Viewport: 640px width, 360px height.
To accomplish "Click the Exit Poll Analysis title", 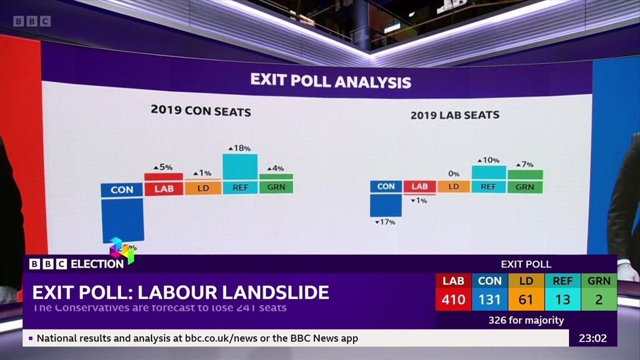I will click(x=331, y=81).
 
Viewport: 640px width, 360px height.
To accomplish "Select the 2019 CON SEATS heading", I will click(x=201, y=112).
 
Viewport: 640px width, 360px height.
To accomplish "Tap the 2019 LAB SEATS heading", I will click(x=455, y=115).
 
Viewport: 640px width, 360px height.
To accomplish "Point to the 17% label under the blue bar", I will click(x=385, y=222).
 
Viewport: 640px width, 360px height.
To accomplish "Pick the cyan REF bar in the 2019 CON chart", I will click(x=240, y=174).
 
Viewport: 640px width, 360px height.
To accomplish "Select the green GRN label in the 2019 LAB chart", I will click(x=525, y=187).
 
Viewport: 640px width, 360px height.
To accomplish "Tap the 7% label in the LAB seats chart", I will click(x=525, y=165).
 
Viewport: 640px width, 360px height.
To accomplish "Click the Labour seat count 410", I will click(x=453, y=300).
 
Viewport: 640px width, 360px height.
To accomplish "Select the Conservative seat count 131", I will click(x=490, y=300).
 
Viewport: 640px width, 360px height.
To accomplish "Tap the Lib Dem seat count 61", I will click(x=526, y=300).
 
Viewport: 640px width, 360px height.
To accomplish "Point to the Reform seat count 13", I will click(x=563, y=300).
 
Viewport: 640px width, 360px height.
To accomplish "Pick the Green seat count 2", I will click(x=599, y=300).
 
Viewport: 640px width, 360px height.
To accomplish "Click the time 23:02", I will click(x=593, y=338).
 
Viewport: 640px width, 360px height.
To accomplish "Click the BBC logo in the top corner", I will click(x=32, y=21).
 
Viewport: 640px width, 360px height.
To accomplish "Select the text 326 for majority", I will click(x=526, y=321).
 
